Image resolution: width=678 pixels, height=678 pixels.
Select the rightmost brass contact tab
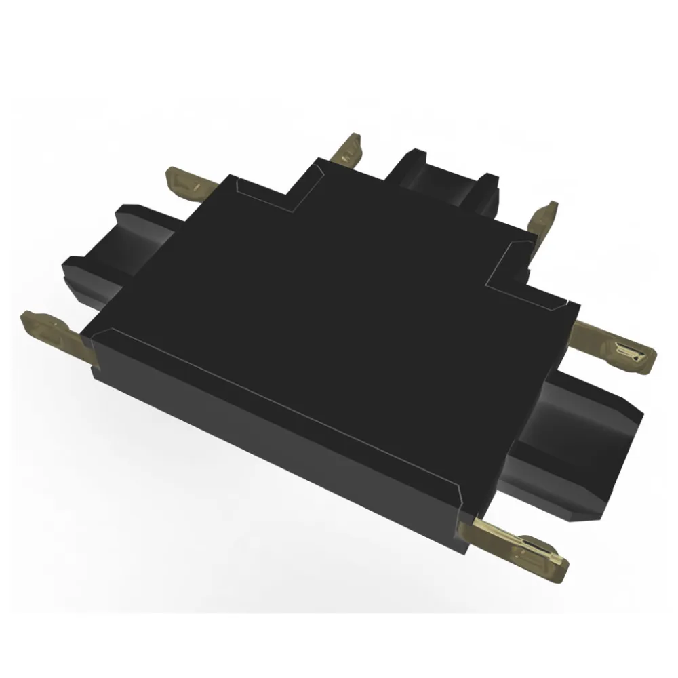pyautogui.click(x=614, y=344)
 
